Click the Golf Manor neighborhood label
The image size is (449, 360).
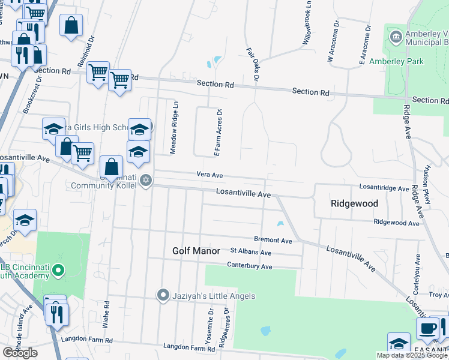pos(196,250)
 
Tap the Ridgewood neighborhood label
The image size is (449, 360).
pos(354,203)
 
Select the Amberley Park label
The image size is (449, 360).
pos(396,61)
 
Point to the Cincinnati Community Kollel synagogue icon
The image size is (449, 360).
pos(145,180)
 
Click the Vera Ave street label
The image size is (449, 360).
pos(209,175)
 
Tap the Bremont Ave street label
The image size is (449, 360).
pos(273,240)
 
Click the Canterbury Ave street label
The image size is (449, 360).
pos(249,266)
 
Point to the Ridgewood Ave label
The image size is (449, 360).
pos(396,222)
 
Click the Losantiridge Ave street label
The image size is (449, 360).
pos(384,188)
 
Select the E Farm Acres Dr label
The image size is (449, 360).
pos(218,133)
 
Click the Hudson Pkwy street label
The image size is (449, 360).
pos(427,184)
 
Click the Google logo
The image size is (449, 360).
pos(20,353)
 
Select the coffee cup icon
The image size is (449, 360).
pos(427,329)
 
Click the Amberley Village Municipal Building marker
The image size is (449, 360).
pos(396,37)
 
